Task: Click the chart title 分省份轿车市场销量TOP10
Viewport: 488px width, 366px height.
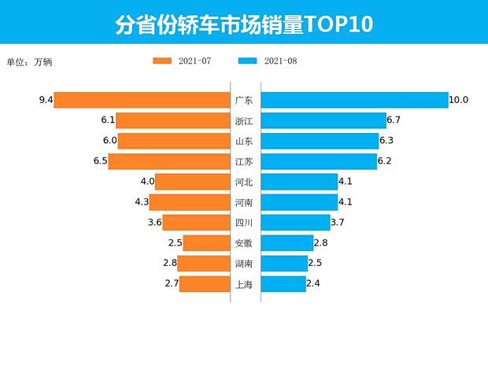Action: pos(243,24)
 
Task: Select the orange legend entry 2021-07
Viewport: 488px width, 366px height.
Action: pos(182,61)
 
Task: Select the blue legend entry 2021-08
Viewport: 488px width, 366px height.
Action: pos(267,61)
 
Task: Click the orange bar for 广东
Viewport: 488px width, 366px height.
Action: pos(142,100)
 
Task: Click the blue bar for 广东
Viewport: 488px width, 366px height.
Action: pos(354,100)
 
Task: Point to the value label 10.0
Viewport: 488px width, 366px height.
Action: pos(458,100)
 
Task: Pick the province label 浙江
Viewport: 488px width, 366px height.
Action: pos(244,120)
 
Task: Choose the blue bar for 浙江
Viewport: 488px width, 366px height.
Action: pos(323,120)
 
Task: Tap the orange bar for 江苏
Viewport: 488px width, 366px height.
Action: pos(168,161)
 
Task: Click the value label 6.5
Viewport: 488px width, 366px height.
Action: pos(99,161)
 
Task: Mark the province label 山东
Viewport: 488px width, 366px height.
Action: pos(244,141)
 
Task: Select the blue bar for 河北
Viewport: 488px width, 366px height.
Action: pos(299,182)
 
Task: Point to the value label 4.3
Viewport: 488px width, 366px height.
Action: pos(142,202)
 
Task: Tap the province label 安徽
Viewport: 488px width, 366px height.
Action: pos(244,243)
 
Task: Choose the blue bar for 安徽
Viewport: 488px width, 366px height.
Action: pos(286,243)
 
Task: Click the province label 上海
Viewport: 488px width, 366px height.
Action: pos(244,284)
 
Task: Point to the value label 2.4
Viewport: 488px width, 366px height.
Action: pos(315,284)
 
